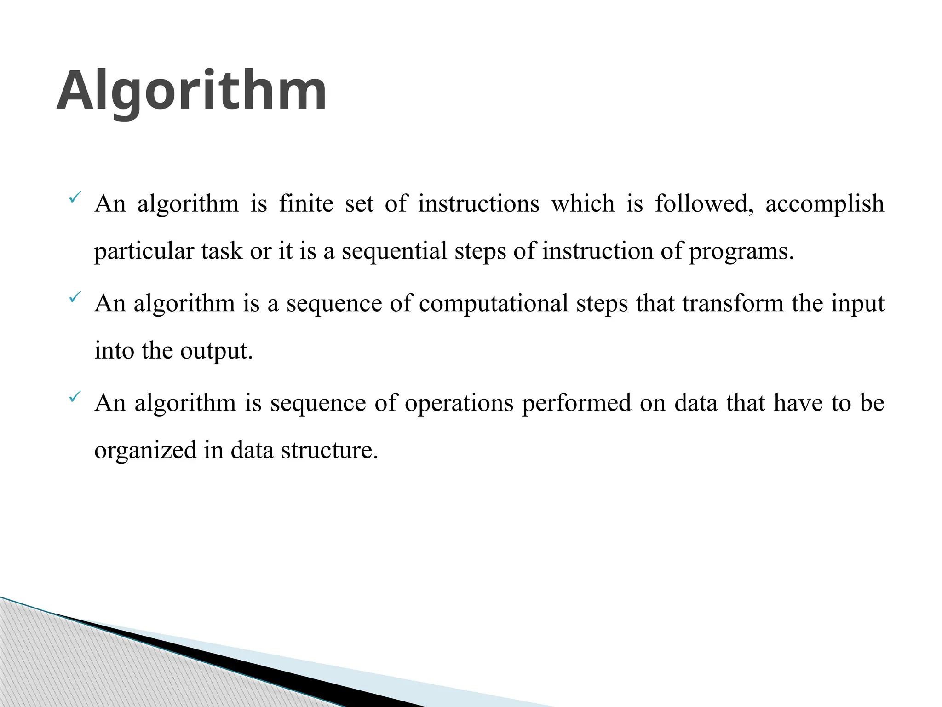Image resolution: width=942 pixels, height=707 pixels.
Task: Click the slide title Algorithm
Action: [191, 91]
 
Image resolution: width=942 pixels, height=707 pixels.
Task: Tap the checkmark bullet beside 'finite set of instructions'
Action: [75, 198]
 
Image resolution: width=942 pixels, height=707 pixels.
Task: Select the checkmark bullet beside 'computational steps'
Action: [75, 298]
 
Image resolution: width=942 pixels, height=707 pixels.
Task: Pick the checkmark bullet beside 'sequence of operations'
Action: [75, 397]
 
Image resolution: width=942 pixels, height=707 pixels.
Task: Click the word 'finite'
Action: [306, 203]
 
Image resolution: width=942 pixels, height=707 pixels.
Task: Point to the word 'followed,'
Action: [704, 203]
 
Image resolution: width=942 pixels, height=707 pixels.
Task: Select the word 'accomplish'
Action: [825, 203]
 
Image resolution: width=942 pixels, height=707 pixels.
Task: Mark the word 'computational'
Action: [494, 304]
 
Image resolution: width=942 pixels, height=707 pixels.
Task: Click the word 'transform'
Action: [733, 304]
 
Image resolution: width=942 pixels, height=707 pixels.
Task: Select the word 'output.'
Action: [217, 351]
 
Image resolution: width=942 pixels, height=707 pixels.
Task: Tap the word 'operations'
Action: [459, 403]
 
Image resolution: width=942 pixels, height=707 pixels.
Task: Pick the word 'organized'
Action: [145, 450]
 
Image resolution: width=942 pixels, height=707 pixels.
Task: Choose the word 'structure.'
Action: [329, 450]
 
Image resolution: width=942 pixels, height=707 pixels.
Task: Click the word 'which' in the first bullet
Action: [583, 203]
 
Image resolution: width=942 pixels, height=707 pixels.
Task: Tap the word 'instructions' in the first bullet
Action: [478, 203]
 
